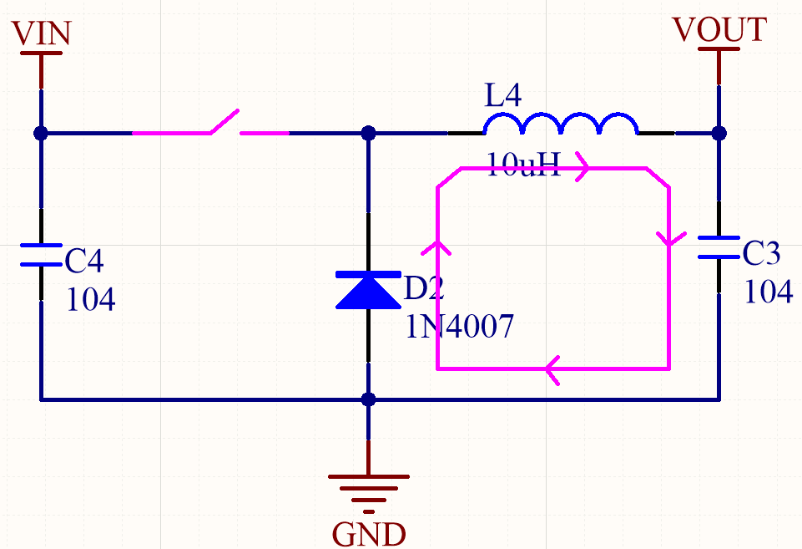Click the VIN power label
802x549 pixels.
[x=43, y=33]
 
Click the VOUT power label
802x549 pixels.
[x=719, y=29]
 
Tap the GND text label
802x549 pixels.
[x=368, y=533]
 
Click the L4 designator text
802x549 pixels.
[x=503, y=96]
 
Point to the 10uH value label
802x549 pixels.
[x=523, y=165]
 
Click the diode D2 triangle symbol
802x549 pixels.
[x=368, y=289]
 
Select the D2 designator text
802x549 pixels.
[x=424, y=289]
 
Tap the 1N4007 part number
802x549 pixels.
[x=458, y=325]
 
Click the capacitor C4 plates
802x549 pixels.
[x=41, y=255]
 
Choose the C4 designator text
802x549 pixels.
[x=84, y=262]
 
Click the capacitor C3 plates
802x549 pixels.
[x=719, y=247]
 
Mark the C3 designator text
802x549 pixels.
[x=761, y=252]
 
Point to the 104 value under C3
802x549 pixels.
[x=768, y=291]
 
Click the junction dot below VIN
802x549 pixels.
[x=41, y=133]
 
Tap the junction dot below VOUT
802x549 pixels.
[x=719, y=133]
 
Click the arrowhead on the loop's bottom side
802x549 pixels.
[x=552, y=368]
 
